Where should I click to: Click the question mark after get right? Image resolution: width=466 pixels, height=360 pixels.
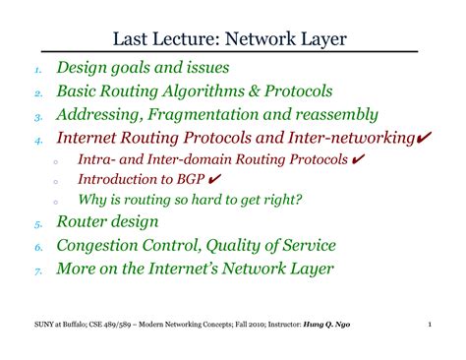tap(299, 199)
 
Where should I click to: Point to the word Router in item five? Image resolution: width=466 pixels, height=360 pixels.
tap(83, 220)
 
